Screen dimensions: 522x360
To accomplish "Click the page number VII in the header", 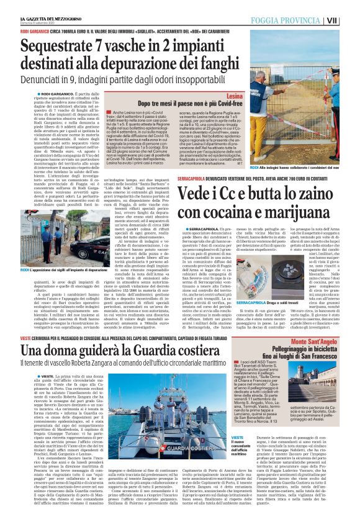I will pos(349,20).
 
